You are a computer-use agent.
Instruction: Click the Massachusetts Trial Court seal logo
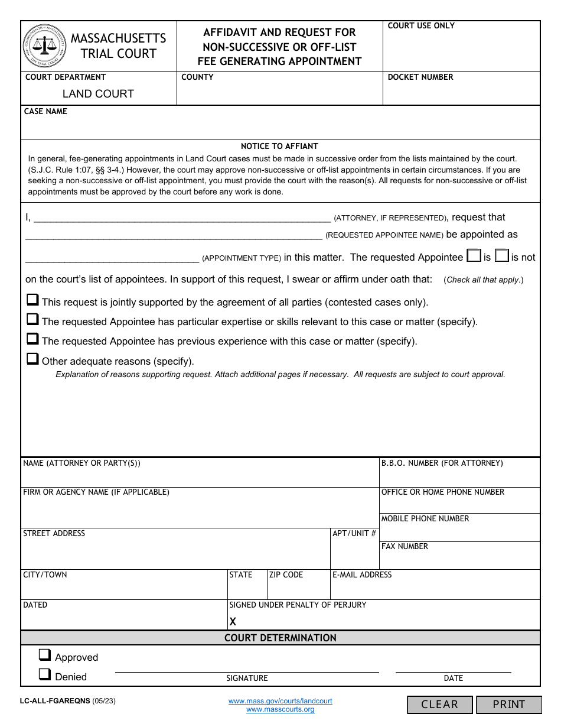[x=45, y=46]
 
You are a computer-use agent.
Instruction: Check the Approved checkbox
[x=44, y=655]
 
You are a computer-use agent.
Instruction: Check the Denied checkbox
[x=44, y=674]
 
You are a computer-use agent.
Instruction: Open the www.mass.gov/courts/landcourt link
[x=280, y=701]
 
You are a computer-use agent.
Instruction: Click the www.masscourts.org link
[x=280, y=709]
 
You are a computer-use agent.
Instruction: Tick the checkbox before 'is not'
[x=501, y=256]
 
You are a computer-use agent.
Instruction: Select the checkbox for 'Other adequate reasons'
[x=32, y=359]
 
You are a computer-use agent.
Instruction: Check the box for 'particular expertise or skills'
[x=32, y=320]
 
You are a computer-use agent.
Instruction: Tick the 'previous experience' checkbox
[x=32, y=339]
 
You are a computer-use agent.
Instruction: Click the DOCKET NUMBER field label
[x=420, y=77]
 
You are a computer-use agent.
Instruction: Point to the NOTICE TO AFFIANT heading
[x=279, y=147]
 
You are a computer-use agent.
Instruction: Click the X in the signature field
[x=233, y=622]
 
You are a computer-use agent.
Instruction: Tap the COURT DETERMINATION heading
[x=280, y=638]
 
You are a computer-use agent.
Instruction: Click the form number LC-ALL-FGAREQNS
[x=55, y=701]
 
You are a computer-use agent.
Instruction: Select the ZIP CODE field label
[x=286, y=575]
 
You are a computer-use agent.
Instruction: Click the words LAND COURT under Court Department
[x=98, y=94]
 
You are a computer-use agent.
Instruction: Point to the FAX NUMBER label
[x=405, y=547]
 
